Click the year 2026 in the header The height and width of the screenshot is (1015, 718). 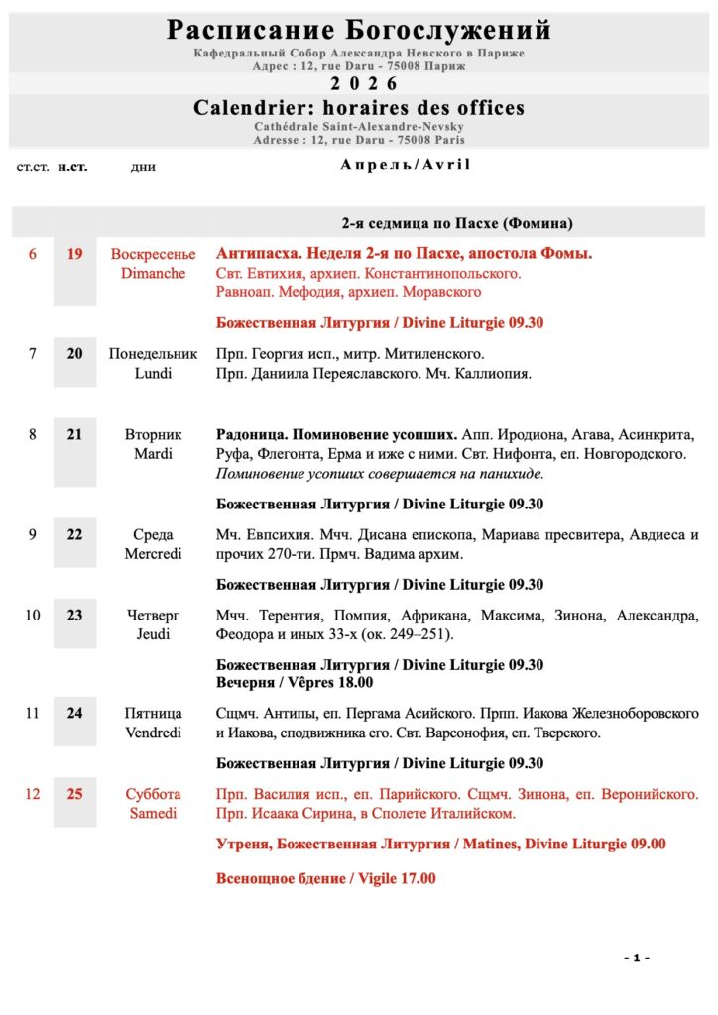coord(359,83)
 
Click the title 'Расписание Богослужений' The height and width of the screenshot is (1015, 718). coord(359,30)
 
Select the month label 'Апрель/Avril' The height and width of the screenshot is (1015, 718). coord(405,165)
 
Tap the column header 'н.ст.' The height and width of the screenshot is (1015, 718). coord(72,167)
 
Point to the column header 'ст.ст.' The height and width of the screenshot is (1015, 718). coord(32,167)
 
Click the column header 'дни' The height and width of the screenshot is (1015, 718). coord(143,167)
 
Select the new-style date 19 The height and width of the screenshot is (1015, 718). coord(74,255)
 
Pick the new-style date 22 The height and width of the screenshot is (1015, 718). coord(74,535)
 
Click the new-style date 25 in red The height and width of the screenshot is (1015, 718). coord(74,795)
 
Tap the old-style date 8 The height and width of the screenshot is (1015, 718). coord(32,435)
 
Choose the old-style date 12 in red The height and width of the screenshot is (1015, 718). coord(32,795)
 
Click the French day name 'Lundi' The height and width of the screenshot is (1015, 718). coord(154,373)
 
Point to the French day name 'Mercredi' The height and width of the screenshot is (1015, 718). coord(154,554)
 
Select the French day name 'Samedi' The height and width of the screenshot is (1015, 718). coord(154,814)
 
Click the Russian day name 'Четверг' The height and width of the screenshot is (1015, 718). coord(154,616)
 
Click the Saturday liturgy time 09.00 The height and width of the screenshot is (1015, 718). coord(646,845)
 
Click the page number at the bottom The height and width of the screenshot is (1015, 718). coord(637,958)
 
